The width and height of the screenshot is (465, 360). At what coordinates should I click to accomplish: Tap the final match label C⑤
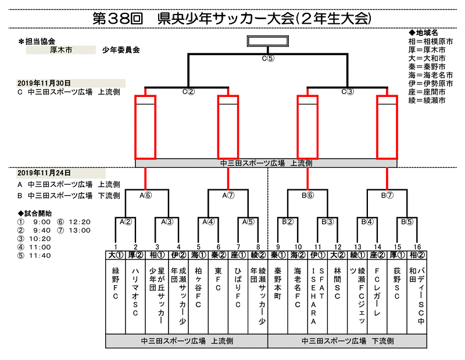[x=267, y=58]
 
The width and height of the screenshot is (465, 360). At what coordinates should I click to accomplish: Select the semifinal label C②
[x=188, y=91]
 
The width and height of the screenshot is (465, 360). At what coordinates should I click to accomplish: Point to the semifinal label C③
[x=348, y=91]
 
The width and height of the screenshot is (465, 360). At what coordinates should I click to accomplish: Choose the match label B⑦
[x=388, y=195]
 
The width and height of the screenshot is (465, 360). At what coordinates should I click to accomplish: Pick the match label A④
[x=209, y=221]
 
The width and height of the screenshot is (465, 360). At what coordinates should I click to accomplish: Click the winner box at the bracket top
[x=267, y=41]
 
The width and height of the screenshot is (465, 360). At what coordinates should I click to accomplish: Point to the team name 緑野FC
[x=115, y=285]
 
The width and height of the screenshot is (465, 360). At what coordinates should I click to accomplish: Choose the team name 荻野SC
[x=397, y=285]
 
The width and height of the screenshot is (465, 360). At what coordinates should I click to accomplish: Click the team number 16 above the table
[x=417, y=246]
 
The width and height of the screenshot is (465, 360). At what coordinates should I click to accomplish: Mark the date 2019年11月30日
[x=44, y=83]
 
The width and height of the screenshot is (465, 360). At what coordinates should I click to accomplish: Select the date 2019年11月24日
[x=44, y=173]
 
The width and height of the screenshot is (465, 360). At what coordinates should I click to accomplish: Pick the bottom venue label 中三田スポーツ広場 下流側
[x=348, y=341]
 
